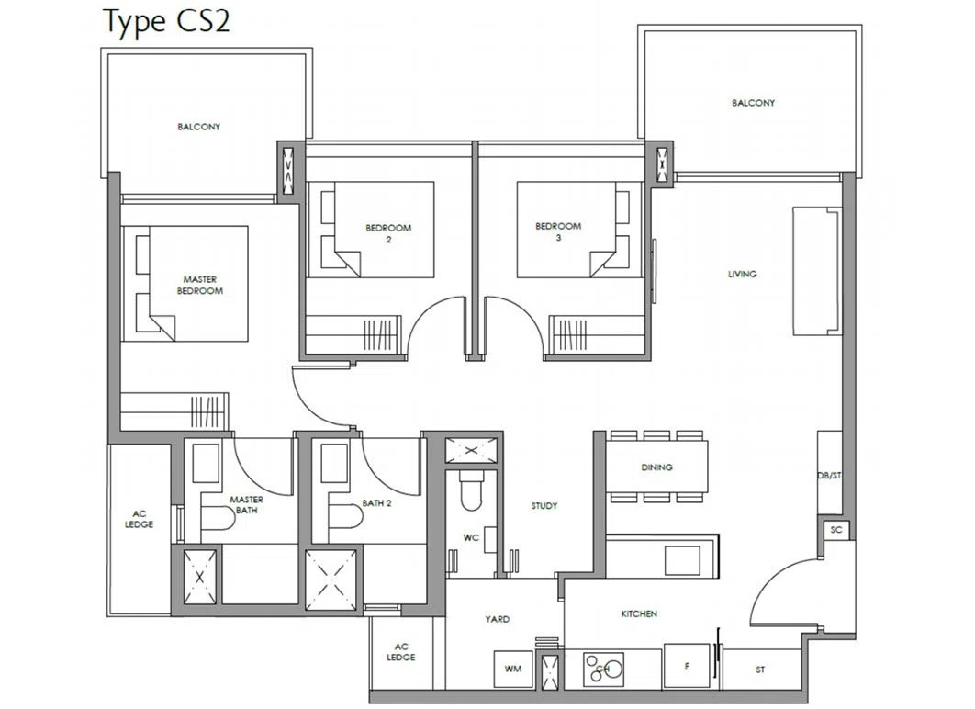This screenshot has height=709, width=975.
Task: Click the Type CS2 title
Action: click(x=166, y=21)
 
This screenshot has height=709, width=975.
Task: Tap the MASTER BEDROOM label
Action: click(x=199, y=285)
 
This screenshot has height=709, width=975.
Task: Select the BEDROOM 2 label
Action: click(x=388, y=233)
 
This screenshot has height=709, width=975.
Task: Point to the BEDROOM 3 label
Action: click(x=558, y=231)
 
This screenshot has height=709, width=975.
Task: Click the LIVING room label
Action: click(x=743, y=274)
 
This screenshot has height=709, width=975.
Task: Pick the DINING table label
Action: click(x=656, y=467)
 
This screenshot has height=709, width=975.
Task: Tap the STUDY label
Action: click(x=544, y=506)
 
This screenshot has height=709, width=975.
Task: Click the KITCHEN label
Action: click(x=639, y=613)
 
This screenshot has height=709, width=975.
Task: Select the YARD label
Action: click(x=498, y=619)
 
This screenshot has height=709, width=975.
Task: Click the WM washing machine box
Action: click(x=513, y=670)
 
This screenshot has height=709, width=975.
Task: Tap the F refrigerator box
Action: click(x=687, y=666)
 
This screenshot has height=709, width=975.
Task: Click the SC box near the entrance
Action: click(x=836, y=530)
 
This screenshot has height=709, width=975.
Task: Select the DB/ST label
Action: click(x=829, y=476)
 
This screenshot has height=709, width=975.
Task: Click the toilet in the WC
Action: click(x=471, y=490)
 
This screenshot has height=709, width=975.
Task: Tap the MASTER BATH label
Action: click(x=246, y=504)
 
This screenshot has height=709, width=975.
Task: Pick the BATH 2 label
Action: click(x=376, y=503)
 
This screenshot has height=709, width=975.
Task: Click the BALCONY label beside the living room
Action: click(x=753, y=103)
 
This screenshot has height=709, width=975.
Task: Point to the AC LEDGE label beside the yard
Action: click(x=401, y=652)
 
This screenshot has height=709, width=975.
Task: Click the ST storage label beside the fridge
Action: click(x=760, y=670)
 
